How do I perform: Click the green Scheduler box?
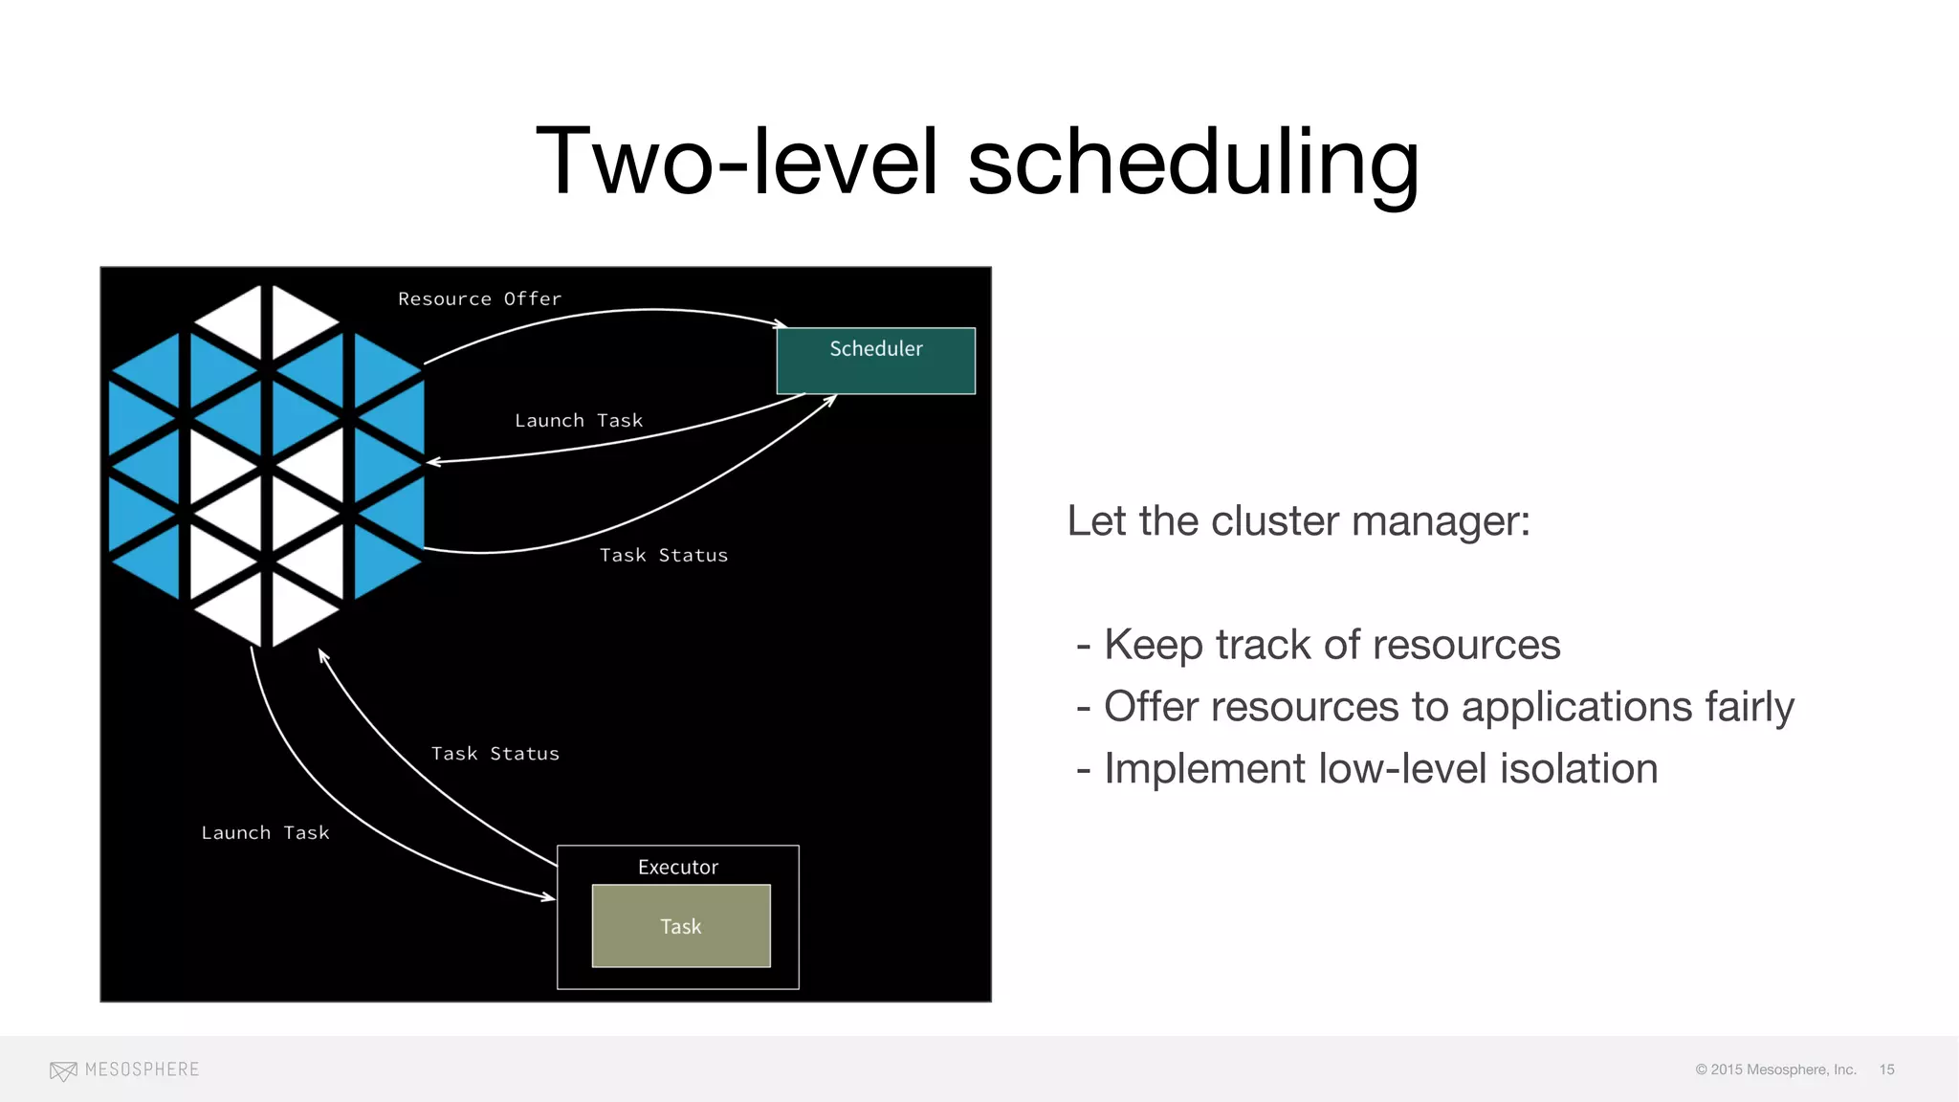click(875, 362)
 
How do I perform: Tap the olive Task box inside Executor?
click(681, 926)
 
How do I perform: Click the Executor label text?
click(677, 867)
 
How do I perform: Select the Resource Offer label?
click(479, 298)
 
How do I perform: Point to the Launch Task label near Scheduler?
click(578, 420)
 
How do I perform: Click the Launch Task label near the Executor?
click(265, 832)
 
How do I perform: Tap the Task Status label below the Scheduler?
click(663, 555)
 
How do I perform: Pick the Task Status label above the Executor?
click(495, 753)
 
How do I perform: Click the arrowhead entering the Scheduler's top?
click(780, 324)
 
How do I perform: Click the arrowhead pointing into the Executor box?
click(548, 897)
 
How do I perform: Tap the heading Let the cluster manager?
click(1298, 521)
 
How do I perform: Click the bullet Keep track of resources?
click(1332, 645)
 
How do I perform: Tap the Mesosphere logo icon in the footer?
click(63, 1070)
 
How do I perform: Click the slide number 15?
click(1886, 1069)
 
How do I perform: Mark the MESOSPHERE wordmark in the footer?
click(142, 1069)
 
